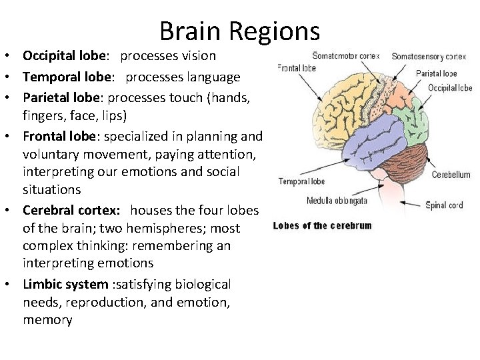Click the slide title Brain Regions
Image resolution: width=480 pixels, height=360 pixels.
click(x=240, y=31)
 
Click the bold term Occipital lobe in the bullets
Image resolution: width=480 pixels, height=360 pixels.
click(x=65, y=56)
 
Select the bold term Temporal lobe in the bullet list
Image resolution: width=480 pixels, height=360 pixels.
click(x=67, y=77)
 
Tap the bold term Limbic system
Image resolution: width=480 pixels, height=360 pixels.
click(x=65, y=285)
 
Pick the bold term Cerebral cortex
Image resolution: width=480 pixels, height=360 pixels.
click(x=71, y=210)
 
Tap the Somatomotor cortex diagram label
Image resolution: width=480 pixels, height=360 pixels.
click(x=346, y=56)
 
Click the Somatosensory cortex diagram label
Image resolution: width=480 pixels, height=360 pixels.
click(x=429, y=57)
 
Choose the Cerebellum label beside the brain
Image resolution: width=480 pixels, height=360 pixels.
click(x=451, y=175)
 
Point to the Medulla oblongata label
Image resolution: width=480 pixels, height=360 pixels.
click(x=337, y=201)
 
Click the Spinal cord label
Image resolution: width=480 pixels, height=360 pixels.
click(x=444, y=205)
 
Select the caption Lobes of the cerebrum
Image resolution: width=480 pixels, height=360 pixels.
click(x=323, y=226)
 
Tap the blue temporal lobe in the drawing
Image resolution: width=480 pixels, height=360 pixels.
click(x=374, y=141)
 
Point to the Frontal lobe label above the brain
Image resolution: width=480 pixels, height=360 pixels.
click(x=296, y=67)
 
